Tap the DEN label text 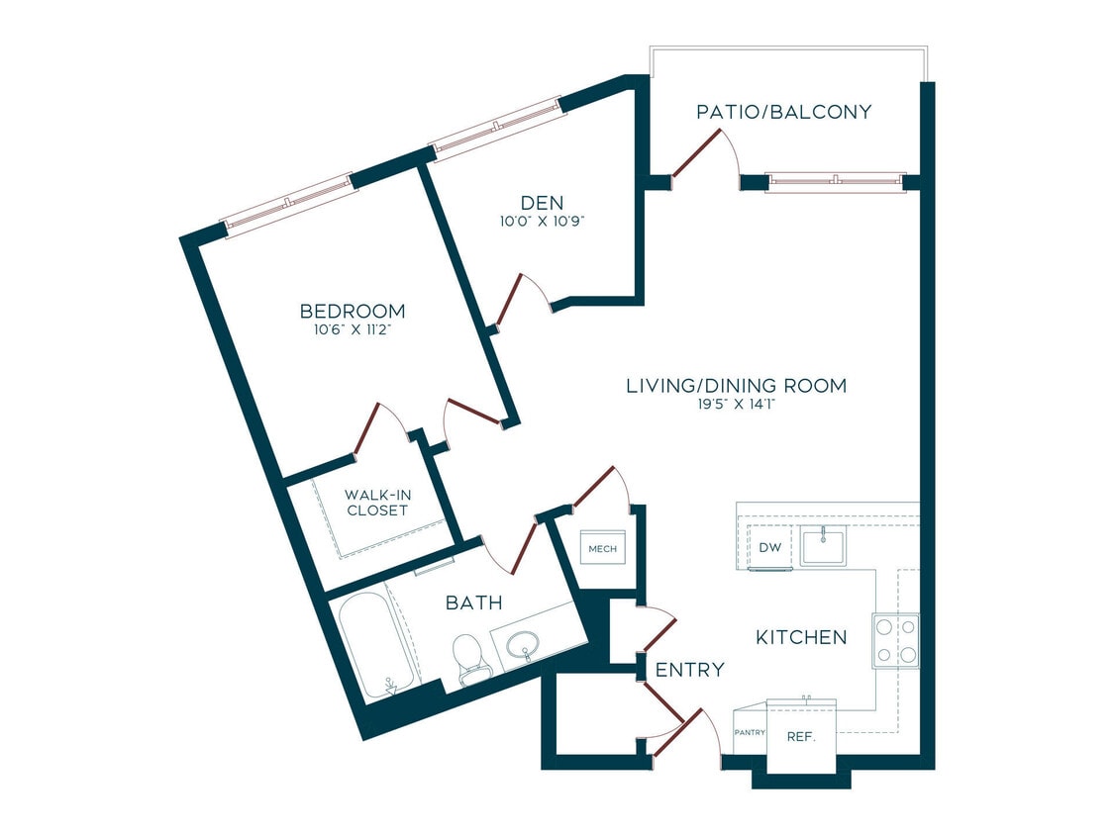click(x=541, y=203)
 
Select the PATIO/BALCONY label click(x=783, y=112)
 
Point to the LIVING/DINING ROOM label click(x=736, y=386)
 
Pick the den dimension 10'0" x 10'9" click(x=541, y=222)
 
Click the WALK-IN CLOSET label click(x=376, y=503)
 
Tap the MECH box click(x=602, y=548)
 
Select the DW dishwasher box click(x=770, y=548)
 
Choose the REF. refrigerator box click(x=801, y=736)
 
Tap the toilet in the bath click(x=469, y=658)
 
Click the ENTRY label click(x=690, y=670)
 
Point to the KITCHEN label click(x=801, y=637)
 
